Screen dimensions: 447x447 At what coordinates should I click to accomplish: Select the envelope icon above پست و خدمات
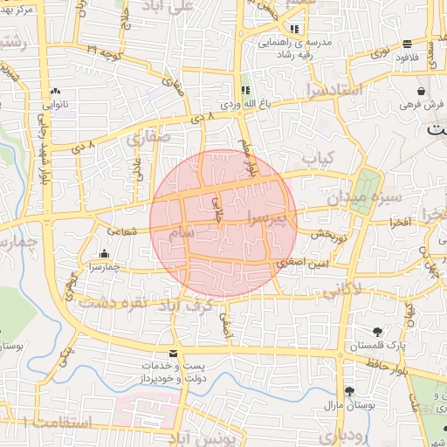pyautogui.click(x=173, y=353)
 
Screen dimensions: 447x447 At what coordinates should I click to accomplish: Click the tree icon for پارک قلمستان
pyautogui.click(x=376, y=331)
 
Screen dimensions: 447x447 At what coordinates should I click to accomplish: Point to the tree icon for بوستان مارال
pyautogui.click(x=349, y=391)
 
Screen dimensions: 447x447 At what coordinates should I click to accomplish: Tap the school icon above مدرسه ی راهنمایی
pyautogui.click(x=294, y=29)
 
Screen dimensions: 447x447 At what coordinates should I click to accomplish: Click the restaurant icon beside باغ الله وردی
pyautogui.click(x=245, y=91)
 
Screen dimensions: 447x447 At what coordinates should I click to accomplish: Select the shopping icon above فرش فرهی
pyautogui.click(x=422, y=91)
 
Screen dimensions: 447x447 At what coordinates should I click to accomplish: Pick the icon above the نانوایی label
pyautogui.click(x=56, y=90)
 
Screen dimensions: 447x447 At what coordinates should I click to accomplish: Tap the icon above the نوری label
pyautogui.click(x=408, y=45)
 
